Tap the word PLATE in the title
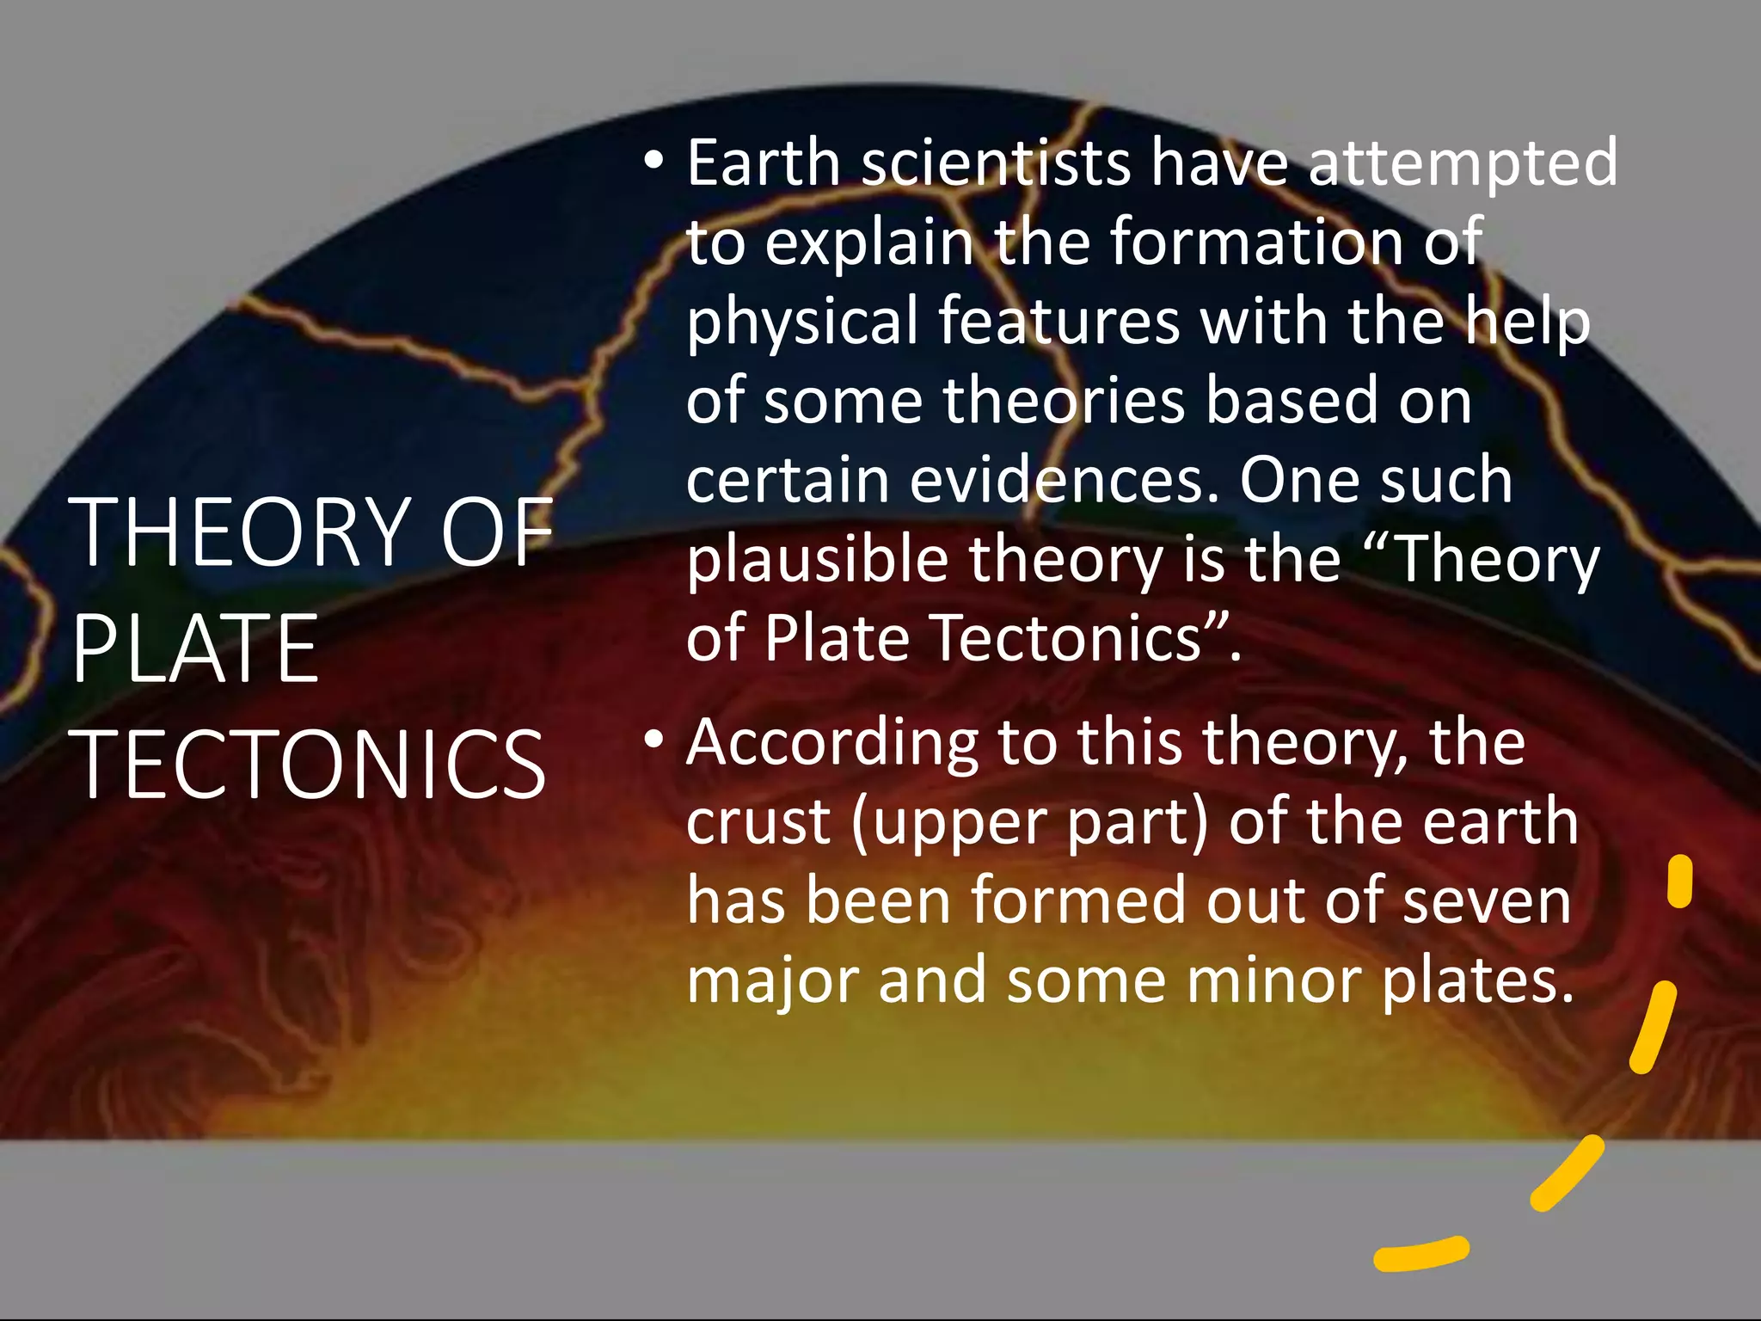(x=196, y=649)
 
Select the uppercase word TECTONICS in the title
(x=310, y=765)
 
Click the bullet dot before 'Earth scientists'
(x=654, y=161)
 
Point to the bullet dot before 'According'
(x=654, y=740)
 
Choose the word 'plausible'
(x=817, y=561)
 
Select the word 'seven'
(x=1487, y=901)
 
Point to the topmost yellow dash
(x=1678, y=882)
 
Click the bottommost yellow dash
(x=1420, y=1254)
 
